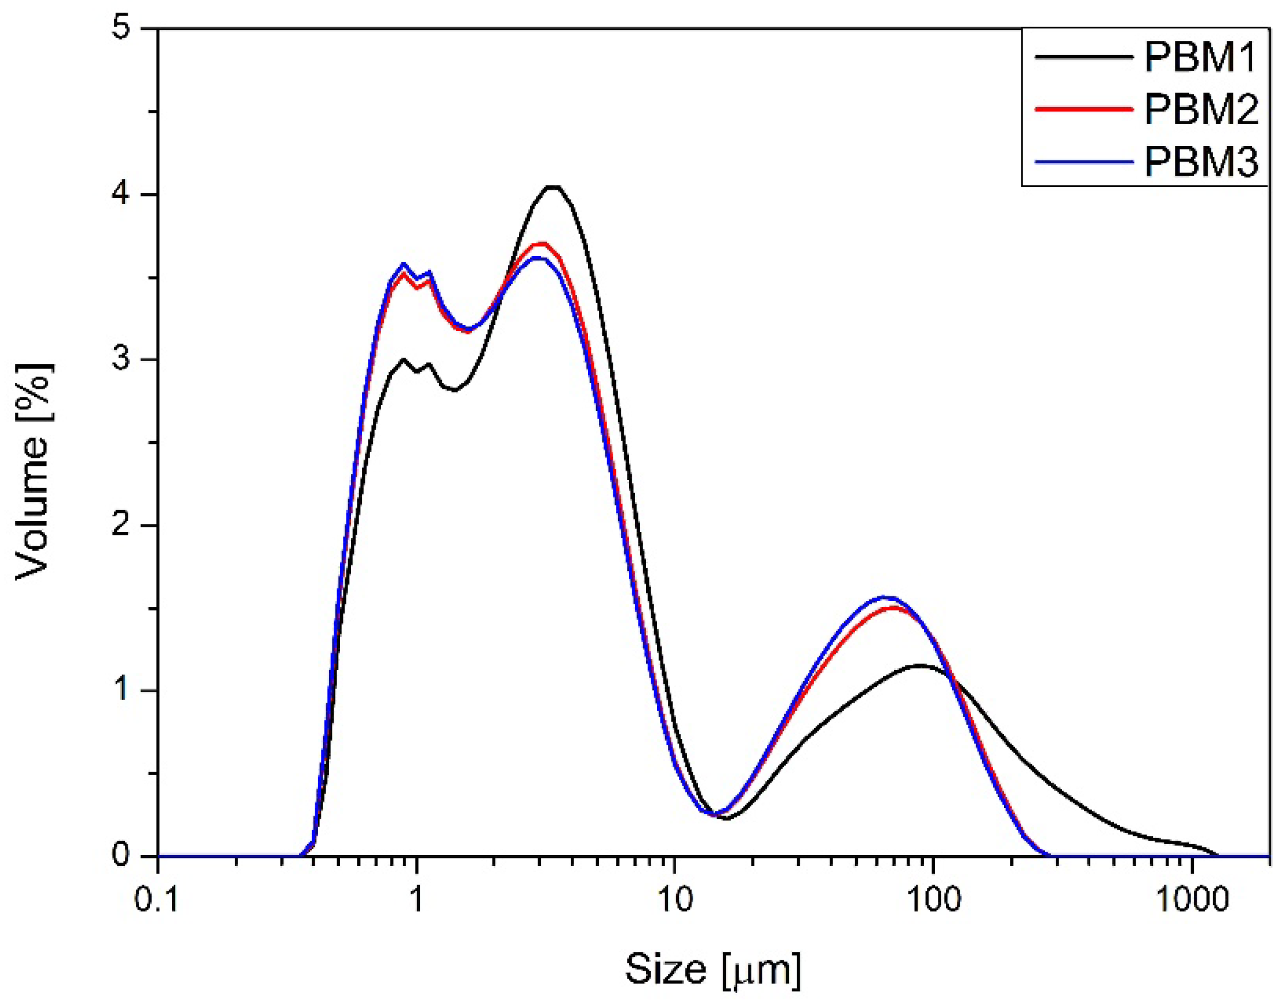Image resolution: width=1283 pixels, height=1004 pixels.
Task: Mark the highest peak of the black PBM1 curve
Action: [x=553, y=187]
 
